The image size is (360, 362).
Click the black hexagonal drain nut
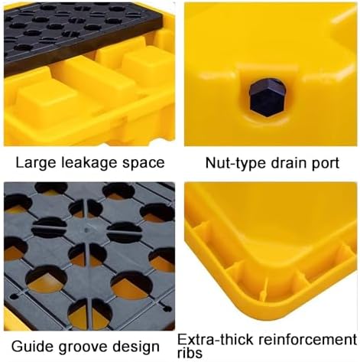pyautogui.click(x=268, y=96)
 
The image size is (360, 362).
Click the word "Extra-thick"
pyautogui.click(x=214, y=338)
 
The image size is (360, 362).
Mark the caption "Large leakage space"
pyautogui.click(x=90, y=162)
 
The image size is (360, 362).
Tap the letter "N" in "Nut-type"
pyautogui.click(x=208, y=162)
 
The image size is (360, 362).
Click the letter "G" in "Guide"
pyautogui.click(x=10, y=345)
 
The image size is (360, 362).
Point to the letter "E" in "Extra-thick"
pyautogui.click(x=181, y=338)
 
